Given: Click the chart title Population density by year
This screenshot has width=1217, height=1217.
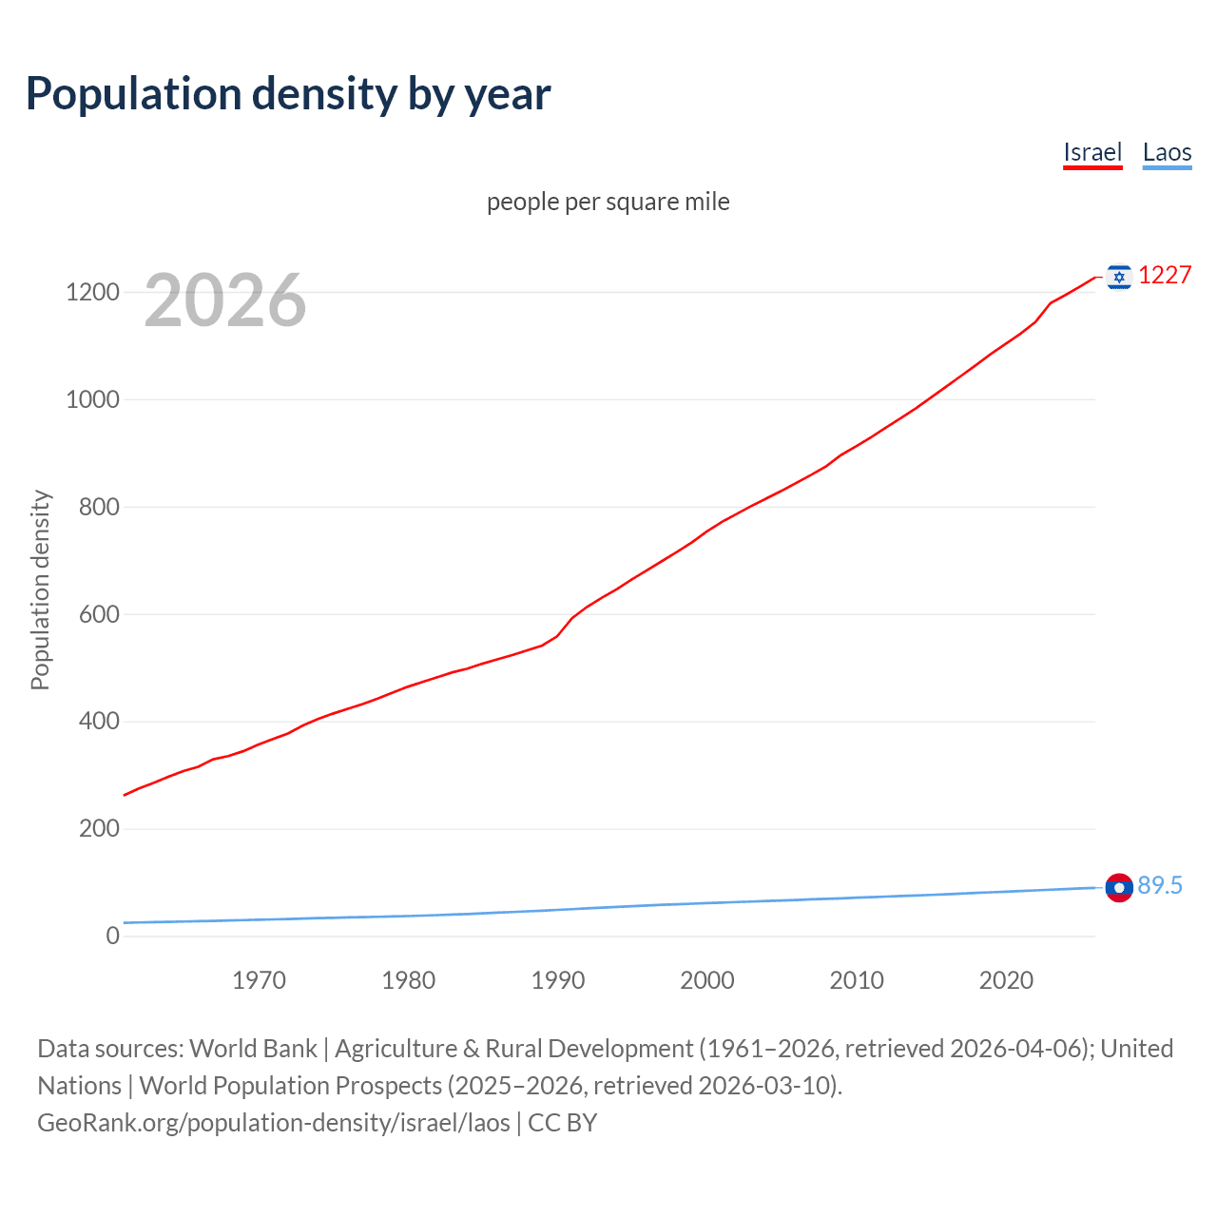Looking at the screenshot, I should [x=288, y=94].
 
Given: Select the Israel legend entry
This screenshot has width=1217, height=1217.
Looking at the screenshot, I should [x=1092, y=153].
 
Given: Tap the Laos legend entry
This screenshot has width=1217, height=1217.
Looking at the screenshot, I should [x=1167, y=153].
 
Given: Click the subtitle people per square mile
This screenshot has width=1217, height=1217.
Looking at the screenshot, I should [x=608, y=203].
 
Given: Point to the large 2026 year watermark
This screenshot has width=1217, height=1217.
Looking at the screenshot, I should [x=225, y=300].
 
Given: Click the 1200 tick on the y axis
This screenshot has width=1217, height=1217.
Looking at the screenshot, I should [x=92, y=292].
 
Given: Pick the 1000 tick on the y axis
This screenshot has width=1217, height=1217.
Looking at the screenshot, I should [x=92, y=399].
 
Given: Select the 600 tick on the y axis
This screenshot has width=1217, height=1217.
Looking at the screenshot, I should [x=98, y=614].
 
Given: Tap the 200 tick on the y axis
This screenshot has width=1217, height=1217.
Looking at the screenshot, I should [x=98, y=829].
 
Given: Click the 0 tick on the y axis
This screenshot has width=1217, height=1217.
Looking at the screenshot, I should [x=113, y=937].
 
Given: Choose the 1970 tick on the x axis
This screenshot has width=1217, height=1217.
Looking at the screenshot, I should [x=259, y=980].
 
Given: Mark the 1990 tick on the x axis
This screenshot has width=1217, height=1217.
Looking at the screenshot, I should [x=558, y=980].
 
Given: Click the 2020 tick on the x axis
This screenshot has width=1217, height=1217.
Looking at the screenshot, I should [x=1006, y=980].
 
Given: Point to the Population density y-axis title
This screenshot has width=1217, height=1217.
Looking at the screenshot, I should [x=40, y=589].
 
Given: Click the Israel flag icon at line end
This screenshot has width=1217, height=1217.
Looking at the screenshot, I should [x=1119, y=277].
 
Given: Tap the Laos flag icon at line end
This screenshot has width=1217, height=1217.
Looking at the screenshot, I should [x=1119, y=887].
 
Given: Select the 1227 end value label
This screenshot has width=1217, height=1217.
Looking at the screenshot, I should [x=1165, y=276].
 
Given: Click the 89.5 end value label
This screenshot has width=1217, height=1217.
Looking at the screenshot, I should [x=1160, y=886].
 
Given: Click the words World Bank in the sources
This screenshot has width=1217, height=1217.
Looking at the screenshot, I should [x=253, y=1049].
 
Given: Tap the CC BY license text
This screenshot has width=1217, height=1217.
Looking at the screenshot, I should [x=562, y=1123].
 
